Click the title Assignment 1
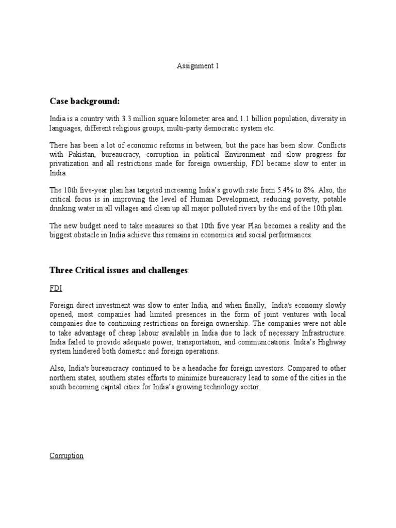[x=198, y=67]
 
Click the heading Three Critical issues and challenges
[x=118, y=271]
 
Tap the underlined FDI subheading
[x=56, y=289]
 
